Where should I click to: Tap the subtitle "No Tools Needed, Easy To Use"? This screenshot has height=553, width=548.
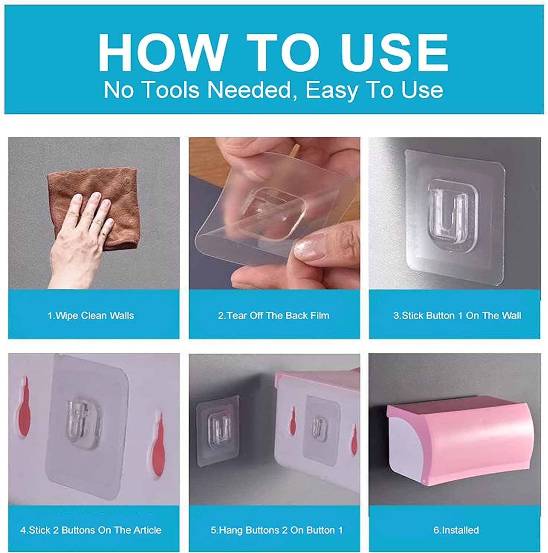pos(273,90)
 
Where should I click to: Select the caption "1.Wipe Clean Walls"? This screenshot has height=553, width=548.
pos(91,316)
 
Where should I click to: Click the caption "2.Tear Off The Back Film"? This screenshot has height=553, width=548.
pos(274,316)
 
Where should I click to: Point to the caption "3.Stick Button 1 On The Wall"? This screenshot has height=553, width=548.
pos(457,316)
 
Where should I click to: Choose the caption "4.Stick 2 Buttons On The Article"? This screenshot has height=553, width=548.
pos(91,530)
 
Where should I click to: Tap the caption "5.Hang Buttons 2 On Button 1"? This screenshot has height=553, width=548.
pos(277,530)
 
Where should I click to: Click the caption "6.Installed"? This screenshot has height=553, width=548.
pos(456,530)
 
